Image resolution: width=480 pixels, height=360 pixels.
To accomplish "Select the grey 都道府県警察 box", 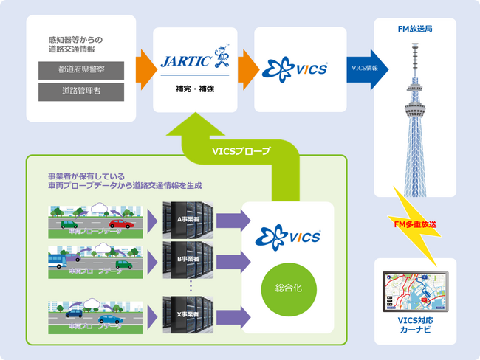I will pyautogui.click(x=81, y=71).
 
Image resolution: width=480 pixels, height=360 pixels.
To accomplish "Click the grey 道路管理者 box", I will pyautogui.click(x=81, y=92).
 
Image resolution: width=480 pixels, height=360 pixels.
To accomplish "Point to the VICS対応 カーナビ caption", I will pyautogui.click(x=415, y=325).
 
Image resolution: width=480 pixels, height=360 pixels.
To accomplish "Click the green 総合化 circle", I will pyautogui.click(x=287, y=284).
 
